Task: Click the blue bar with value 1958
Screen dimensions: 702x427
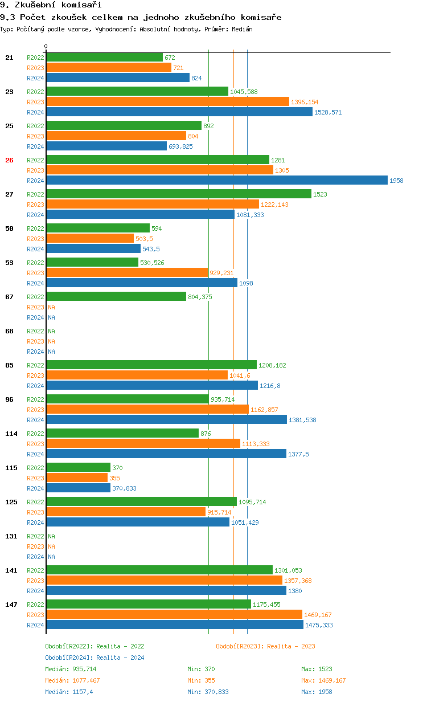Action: [217, 180]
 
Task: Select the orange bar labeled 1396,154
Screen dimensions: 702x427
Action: [168, 101]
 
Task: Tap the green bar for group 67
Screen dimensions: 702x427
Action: [116, 296]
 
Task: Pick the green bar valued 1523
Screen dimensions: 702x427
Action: [179, 194]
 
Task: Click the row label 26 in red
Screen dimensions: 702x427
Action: [9, 160]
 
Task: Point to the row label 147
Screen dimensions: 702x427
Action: [11, 605]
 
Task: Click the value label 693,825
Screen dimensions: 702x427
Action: [180, 146]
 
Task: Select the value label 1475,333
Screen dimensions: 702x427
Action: [319, 625]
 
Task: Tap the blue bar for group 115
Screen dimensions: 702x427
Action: [79, 488]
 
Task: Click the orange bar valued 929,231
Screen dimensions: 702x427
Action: [127, 272]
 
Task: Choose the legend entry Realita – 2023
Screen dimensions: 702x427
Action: [265, 646]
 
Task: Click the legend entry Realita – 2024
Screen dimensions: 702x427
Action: [95, 658]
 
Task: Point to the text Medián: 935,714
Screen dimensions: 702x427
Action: [71, 669]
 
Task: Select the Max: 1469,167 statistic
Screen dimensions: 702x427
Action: [323, 680]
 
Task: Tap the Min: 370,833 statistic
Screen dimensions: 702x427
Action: [208, 692]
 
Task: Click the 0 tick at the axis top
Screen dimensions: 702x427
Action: [46, 46]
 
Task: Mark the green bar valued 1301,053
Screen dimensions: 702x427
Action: [159, 570]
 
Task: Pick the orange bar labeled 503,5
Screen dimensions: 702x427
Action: [90, 238]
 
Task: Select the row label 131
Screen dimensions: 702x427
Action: [11, 536]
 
